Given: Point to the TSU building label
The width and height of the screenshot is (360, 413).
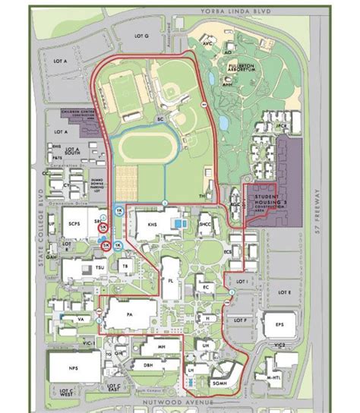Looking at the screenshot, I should [x=81, y=269].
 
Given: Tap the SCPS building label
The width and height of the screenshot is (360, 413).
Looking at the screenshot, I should [x=73, y=225].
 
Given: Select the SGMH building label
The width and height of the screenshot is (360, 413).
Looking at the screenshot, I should [x=220, y=377].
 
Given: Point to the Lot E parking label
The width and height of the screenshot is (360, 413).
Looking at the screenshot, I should [x=284, y=292].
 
